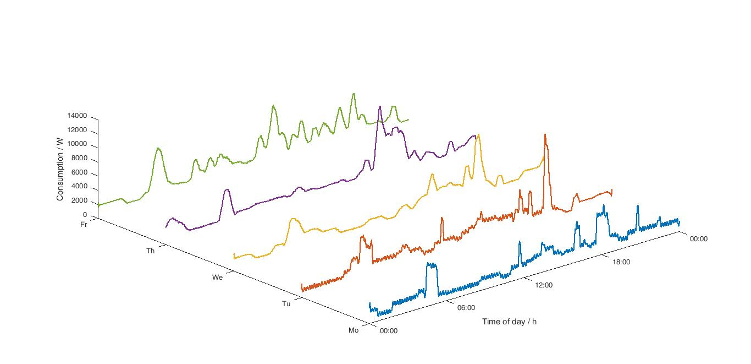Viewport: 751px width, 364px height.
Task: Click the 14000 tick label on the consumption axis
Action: [77, 116]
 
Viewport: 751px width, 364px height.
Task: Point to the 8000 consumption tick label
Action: [79, 159]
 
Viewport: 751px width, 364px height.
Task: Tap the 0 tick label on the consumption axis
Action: [85, 215]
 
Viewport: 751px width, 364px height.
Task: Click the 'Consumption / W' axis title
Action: [60, 169]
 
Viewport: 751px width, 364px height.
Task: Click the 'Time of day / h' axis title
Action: [509, 322]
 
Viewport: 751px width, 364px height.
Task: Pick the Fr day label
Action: [84, 225]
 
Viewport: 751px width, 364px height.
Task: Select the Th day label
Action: [150, 251]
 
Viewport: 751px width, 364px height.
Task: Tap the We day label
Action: [217, 278]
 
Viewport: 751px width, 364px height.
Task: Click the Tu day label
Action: [286, 304]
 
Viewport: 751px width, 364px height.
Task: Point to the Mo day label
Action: [354, 330]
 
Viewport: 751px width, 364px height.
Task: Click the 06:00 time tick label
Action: [466, 308]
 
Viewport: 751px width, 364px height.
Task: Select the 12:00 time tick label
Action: [544, 285]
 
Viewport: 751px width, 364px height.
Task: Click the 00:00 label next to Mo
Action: [389, 331]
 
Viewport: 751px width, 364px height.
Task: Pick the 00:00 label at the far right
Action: [699, 239]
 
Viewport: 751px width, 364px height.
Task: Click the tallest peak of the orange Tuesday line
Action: [545, 135]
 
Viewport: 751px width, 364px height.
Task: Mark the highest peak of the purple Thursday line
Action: [379, 107]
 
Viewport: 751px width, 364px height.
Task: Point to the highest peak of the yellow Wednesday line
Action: [478, 135]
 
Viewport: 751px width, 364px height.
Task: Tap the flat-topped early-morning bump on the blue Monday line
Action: [432, 265]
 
